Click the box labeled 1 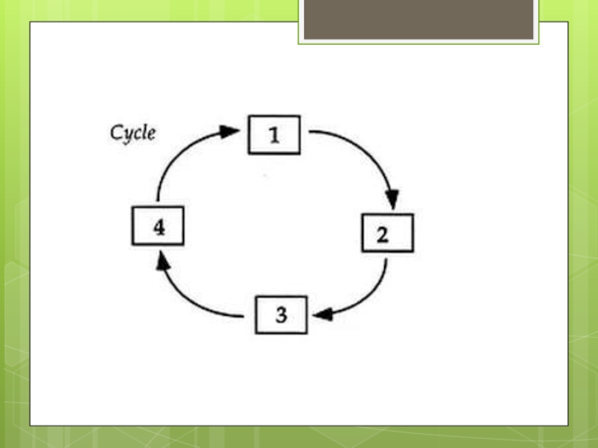click(x=274, y=135)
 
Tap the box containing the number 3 click(x=281, y=314)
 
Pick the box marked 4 click(x=158, y=226)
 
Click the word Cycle click(x=133, y=134)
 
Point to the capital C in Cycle click(x=117, y=134)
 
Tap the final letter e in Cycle click(x=152, y=135)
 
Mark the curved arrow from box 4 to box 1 click(x=179, y=152)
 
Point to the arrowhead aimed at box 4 click(x=162, y=261)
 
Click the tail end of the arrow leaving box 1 click(x=311, y=132)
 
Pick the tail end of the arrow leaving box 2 click(x=385, y=261)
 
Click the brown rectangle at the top click(x=419, y=19)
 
